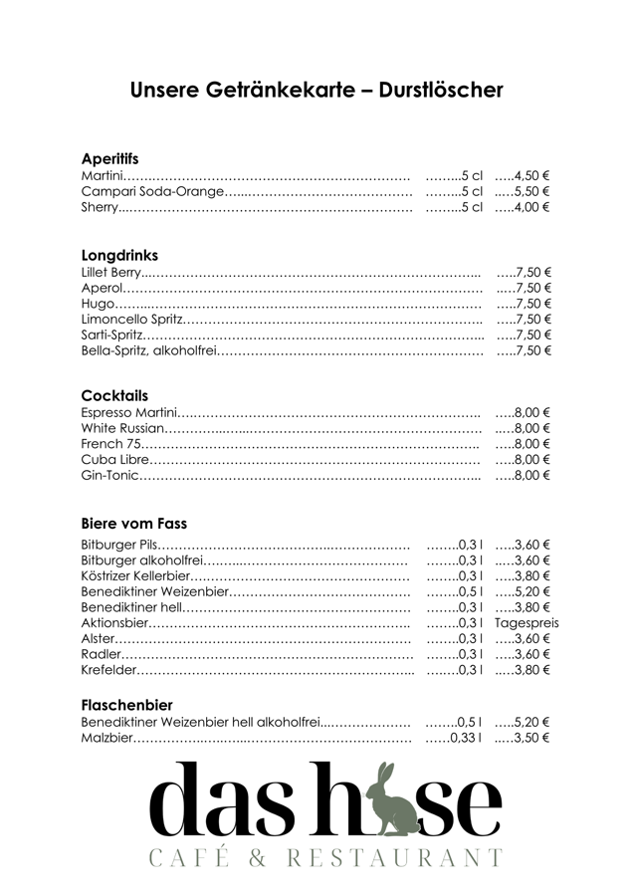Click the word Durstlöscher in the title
point(441,91)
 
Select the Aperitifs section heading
point(109,159)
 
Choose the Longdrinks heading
point(119,256)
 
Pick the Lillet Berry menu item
point(110,272)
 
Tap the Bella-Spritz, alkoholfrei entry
point(148,350)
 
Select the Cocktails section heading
point(114,396)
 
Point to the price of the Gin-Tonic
point(530,476)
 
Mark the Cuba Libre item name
point(115,460)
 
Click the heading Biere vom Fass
point(133,524)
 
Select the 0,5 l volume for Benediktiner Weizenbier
point(468,591)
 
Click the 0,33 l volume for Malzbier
point(465,738)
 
